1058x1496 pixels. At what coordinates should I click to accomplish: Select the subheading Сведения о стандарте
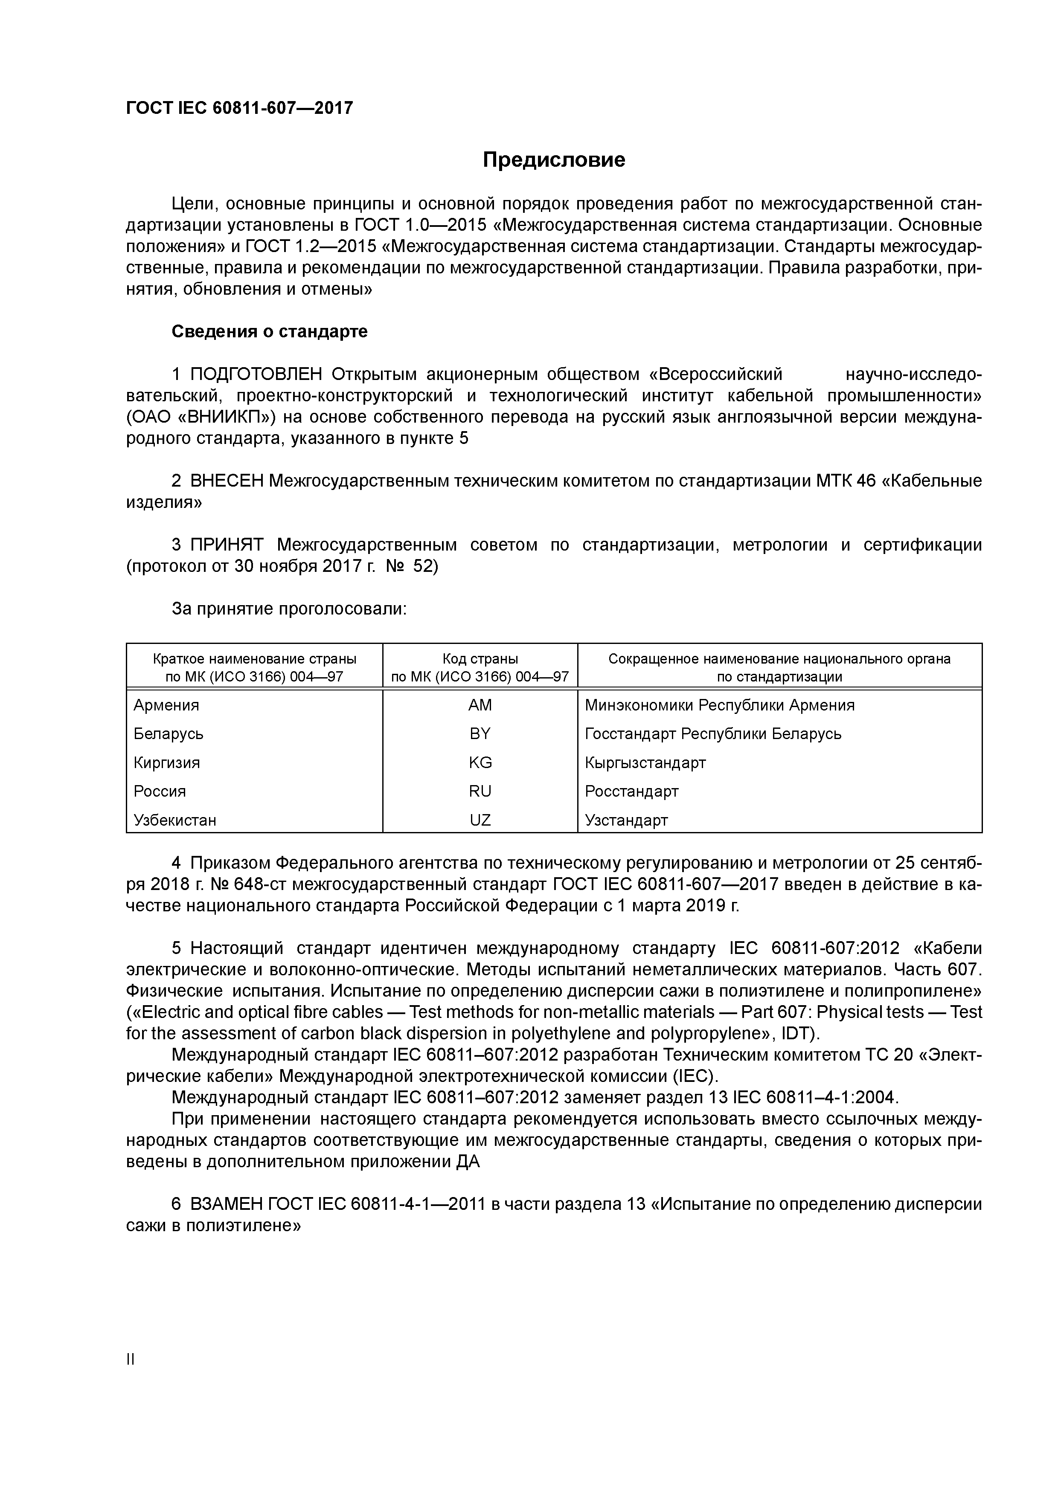269,332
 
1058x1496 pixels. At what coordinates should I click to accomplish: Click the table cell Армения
166,706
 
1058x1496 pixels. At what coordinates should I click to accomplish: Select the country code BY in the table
480,734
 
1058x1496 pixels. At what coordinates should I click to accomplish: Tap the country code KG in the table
480,763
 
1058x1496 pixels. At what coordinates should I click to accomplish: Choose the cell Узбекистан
175,820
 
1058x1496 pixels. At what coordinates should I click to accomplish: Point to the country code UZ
480,820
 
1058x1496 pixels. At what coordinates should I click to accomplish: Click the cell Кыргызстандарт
645,763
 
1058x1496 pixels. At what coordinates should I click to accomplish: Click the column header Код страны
480,659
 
